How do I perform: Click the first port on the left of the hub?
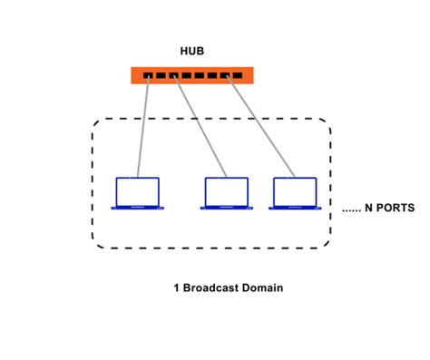pos(148,76)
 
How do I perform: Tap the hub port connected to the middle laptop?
pos(174,76)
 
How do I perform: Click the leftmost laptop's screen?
pos(137,190)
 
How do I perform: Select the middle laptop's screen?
pos(226,190)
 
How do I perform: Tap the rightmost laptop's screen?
pos(294,190)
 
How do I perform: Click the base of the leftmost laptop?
pos(137,208)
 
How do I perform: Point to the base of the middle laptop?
pos(226,208)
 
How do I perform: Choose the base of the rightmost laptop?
pos(294,208)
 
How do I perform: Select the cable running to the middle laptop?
pos(200,127)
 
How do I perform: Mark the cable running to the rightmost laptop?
pos(261,127)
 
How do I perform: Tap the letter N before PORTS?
pos(369,208)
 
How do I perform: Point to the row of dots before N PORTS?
pos(351,210)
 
